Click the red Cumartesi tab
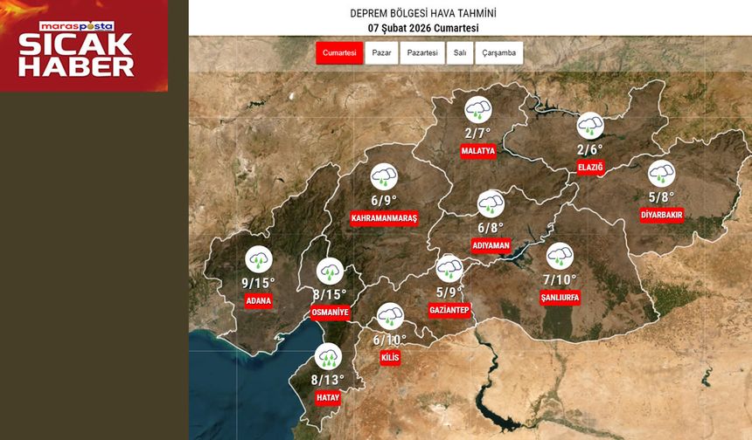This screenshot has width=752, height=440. point(339,53)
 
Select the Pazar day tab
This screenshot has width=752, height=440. point(381,53)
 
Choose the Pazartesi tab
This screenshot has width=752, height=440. point(422,53)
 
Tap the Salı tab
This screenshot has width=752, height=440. point(459,53)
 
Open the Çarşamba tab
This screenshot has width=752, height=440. point(499,53)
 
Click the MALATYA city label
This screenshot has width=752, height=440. point(478,151)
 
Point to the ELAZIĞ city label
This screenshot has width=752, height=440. point(590,167)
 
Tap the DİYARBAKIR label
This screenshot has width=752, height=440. point(661,215)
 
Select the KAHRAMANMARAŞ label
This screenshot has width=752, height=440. point(384,218)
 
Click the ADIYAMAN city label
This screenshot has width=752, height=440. point(491,246)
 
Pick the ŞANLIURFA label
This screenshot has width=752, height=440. point(561,298)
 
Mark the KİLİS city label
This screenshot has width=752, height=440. point(390,358)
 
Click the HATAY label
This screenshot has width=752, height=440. point(327,397)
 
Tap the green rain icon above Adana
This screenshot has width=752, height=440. point(258,259)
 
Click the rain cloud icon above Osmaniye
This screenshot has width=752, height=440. point(330,271)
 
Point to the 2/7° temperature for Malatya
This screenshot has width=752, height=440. point(477,134)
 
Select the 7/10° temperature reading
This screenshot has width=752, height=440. point(560,280)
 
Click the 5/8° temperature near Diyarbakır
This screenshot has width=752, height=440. point(661,197)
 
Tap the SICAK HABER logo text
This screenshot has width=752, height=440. point(77,55)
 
